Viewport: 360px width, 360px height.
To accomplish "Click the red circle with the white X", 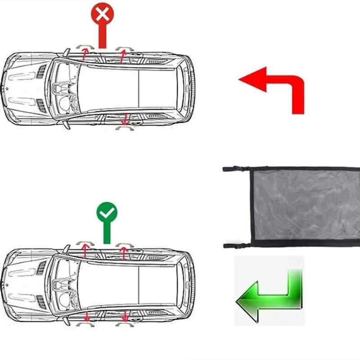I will coord(103,15).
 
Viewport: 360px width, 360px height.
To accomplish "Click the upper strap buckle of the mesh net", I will coord(236,170).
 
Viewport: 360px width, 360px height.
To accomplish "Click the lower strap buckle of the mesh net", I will coord(236,245).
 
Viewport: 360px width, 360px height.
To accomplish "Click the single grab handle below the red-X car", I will coord(125,128).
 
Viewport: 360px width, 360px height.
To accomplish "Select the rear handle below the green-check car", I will coord(125,324).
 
